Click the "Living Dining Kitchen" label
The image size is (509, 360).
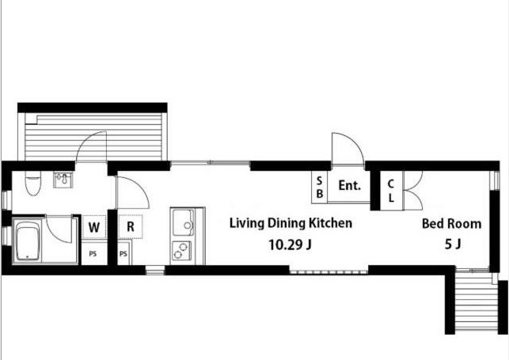(291, 223)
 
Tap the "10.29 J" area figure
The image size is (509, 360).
(291, 244)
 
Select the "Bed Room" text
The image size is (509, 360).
(451, 224)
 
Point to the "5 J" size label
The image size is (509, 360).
(453, 244)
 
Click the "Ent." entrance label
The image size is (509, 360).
(350, 185)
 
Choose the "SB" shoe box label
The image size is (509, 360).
(320, 188)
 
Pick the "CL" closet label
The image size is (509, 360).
(391, 191)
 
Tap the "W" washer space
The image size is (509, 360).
(94, 227)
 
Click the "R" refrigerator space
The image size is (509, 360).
(130, 227)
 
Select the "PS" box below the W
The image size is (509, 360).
(93, 254)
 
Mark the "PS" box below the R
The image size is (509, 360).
(124, 253)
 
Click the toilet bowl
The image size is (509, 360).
(33, 184)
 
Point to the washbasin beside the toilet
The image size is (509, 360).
(63, 180)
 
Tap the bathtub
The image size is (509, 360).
(28, 240)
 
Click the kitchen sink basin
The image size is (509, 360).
(183, 222)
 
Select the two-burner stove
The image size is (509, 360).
(182, 251)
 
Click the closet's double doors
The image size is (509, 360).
(413, 191)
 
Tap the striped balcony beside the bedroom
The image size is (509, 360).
(477, 301)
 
